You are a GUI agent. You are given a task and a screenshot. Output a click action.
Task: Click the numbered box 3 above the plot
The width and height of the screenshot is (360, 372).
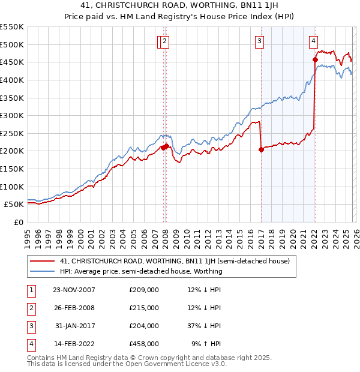[x=259, y=41]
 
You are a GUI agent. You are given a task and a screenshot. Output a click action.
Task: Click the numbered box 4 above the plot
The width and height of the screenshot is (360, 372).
[x=314, y=41]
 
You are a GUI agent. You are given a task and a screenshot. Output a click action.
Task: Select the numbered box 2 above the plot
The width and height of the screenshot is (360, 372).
[x=165, y=41]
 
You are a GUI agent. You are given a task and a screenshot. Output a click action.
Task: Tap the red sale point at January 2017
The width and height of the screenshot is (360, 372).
[x=261, y=150]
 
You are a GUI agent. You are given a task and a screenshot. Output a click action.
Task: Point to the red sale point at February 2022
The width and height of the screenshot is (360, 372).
[x=315, y=59]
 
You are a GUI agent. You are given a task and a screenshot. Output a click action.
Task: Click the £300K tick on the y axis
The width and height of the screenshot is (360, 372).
[x=12, y=115]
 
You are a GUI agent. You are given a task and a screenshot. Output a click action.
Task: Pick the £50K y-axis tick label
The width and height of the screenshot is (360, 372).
[x=14, y=205]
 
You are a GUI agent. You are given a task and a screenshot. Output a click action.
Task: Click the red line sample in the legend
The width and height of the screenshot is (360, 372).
[x=42, y=262]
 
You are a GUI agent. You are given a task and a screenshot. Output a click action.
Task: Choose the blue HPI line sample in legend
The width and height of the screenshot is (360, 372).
[x=42, y=271]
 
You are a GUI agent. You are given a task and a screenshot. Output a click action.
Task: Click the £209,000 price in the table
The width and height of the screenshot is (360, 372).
[x=144, y=290]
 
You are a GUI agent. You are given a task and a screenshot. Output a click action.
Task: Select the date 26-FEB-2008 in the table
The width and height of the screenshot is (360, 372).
[x=74, y=308]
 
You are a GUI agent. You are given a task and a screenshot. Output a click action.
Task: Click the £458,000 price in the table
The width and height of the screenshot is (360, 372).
[x=144, y=344]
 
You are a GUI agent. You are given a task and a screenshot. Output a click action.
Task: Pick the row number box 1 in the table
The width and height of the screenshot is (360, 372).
[x=30, y=290]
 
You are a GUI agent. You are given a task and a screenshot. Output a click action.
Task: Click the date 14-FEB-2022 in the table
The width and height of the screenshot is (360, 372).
[x=74, y=344]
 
